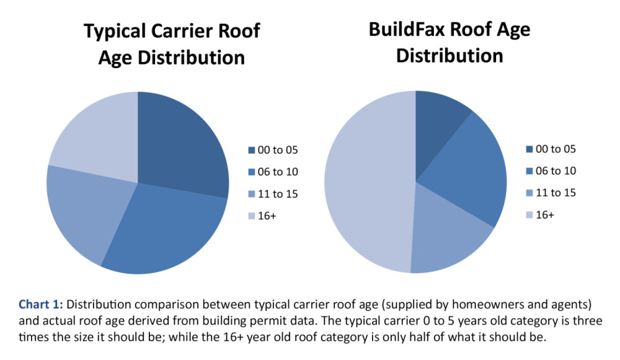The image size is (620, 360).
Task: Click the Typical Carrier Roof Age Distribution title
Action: (172, 44)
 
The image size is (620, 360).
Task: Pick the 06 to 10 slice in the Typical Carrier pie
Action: (167, 229)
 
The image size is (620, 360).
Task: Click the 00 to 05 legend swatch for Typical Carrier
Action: (251, 150)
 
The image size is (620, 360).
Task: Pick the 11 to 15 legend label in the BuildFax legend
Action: (556, 193)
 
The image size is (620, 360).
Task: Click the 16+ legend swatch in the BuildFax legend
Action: (528, 215)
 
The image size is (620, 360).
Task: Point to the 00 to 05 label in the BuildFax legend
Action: (556, 149)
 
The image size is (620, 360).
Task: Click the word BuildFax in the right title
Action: (416, 30)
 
